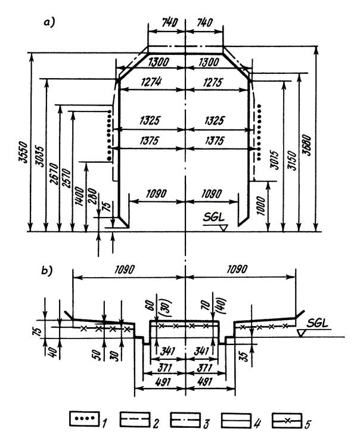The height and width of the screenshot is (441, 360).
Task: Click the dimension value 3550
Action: (x=24, y=152)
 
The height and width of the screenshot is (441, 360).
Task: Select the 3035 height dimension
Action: (x=41, y=156)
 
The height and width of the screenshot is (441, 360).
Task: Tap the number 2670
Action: (x=54, y=173)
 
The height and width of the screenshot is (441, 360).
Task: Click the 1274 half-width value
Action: (x=151, y=82)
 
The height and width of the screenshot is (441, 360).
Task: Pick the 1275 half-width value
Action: (x=213, y=82)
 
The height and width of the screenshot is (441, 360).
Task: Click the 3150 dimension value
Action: (x=292, y=160)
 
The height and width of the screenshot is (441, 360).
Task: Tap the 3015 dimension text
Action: (x=275, y=160)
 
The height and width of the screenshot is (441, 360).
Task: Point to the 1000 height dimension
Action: (x=260, y=206)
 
